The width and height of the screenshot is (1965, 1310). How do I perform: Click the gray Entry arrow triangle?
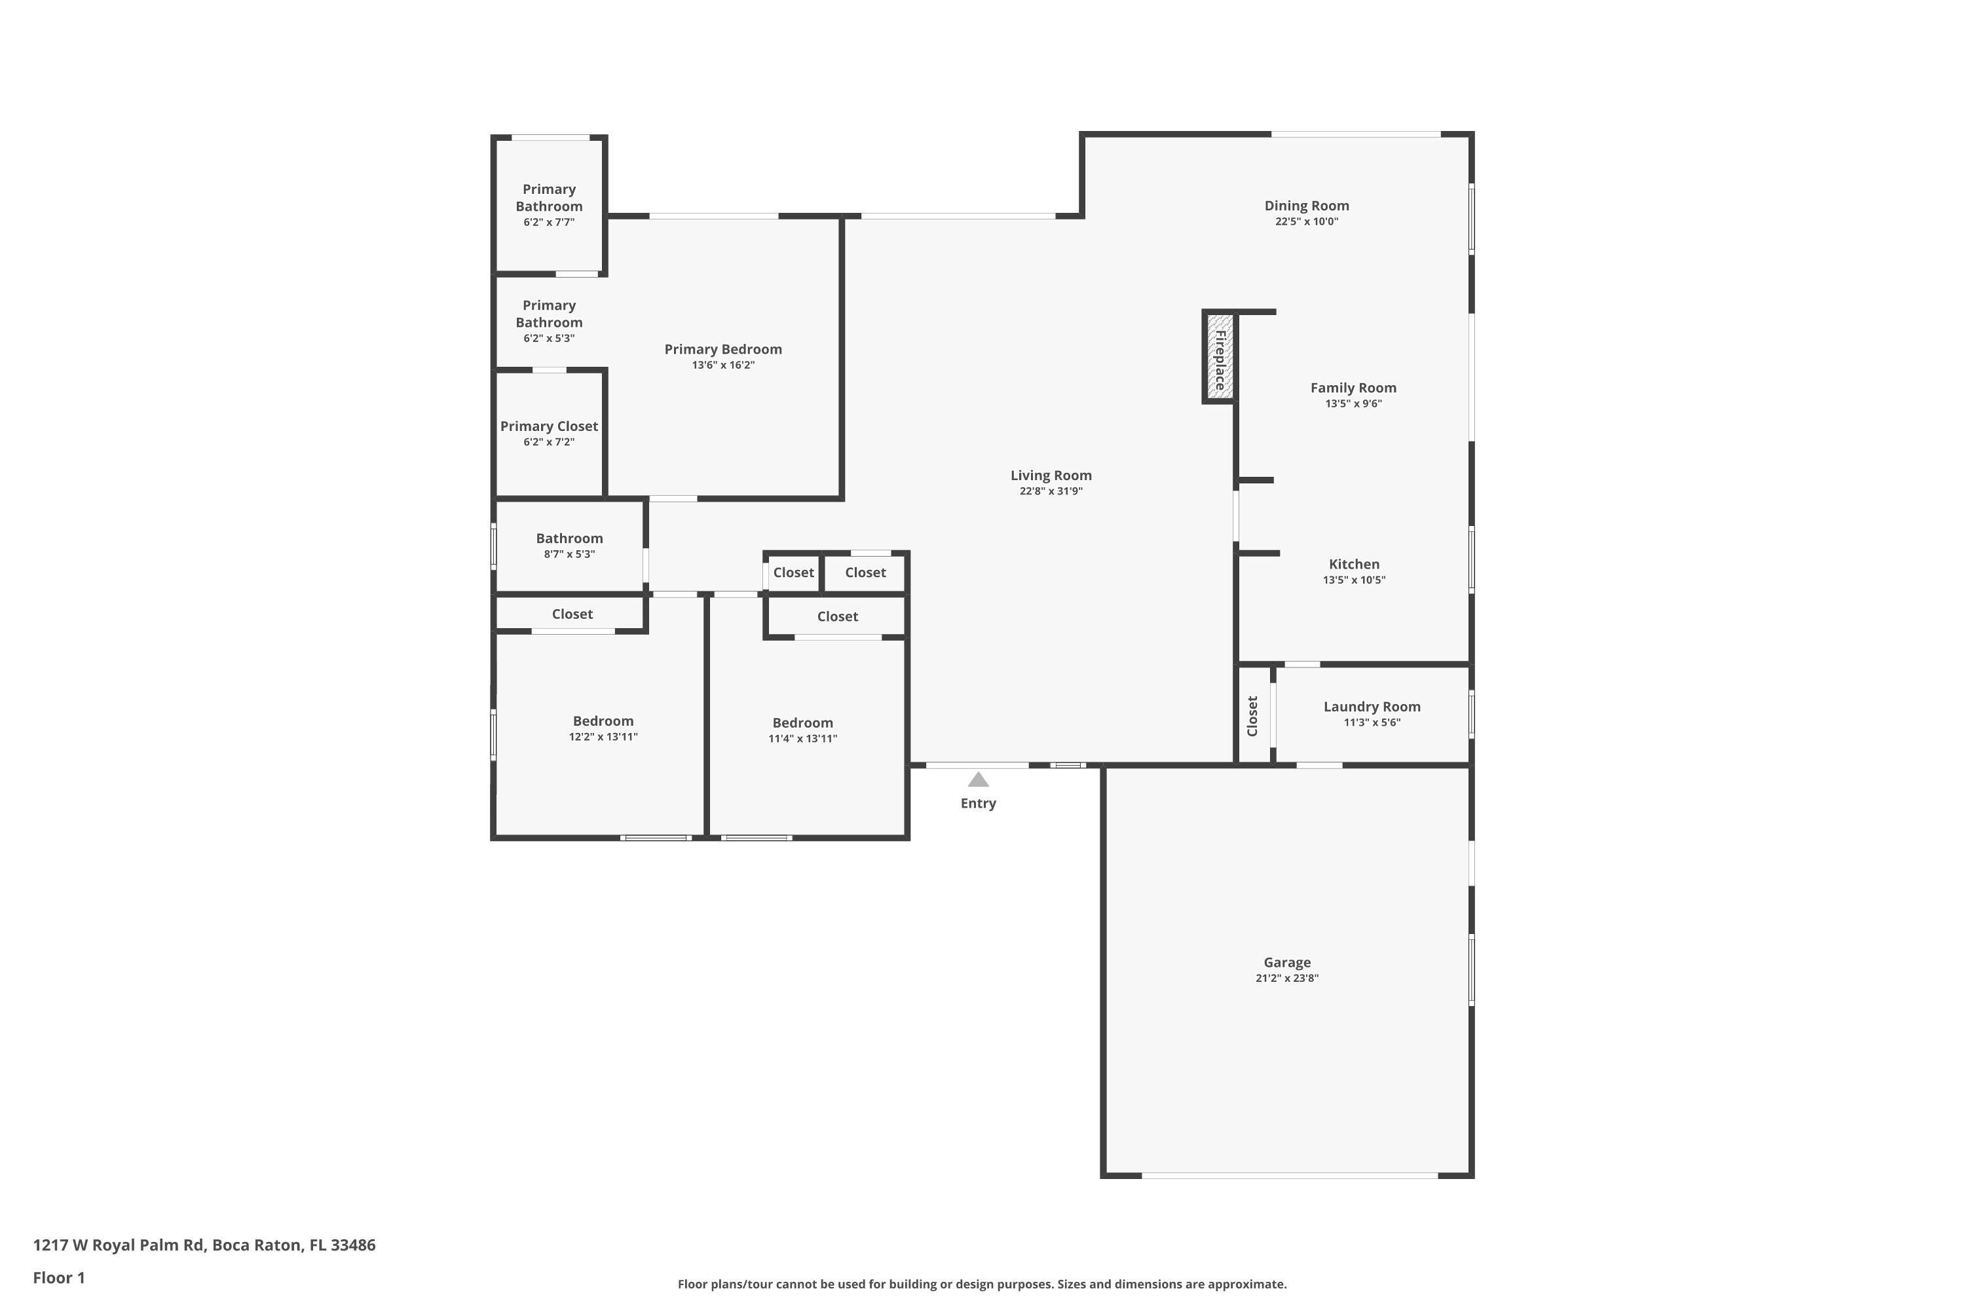[x=979, y=780]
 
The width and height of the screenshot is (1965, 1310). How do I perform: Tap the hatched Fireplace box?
[x=1220, y=358]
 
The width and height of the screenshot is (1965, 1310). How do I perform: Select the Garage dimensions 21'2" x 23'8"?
[x=1286, y=979]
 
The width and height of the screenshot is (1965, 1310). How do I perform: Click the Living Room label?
[x=1051, y=476]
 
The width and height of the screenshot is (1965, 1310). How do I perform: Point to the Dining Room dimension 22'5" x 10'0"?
[x=1307, y=221]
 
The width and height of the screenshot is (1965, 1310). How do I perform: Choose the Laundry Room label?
[x=1372, y=707]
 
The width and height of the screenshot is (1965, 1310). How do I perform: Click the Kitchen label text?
[x=1353, y=565]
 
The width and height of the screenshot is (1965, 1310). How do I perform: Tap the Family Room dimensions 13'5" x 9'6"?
[x=1353, y=403]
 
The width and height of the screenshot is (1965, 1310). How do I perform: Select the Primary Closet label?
[x=549, y=426]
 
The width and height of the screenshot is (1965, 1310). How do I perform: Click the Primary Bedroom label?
[x=722, y=349]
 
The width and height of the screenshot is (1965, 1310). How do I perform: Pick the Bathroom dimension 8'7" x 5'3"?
[x=569, y=554]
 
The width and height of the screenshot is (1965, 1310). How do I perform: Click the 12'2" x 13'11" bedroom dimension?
[x=603, y=737]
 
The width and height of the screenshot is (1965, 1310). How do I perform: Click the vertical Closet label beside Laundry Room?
[x=1252, y=716]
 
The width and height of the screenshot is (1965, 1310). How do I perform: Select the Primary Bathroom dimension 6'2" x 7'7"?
[x=549, y=222]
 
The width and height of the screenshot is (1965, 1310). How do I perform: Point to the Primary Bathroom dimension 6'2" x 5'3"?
[x=549, y=339]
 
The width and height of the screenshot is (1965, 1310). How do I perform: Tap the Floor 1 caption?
[x=58, y=1277]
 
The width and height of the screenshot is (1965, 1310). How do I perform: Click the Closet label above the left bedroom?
[x=572, y=614]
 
